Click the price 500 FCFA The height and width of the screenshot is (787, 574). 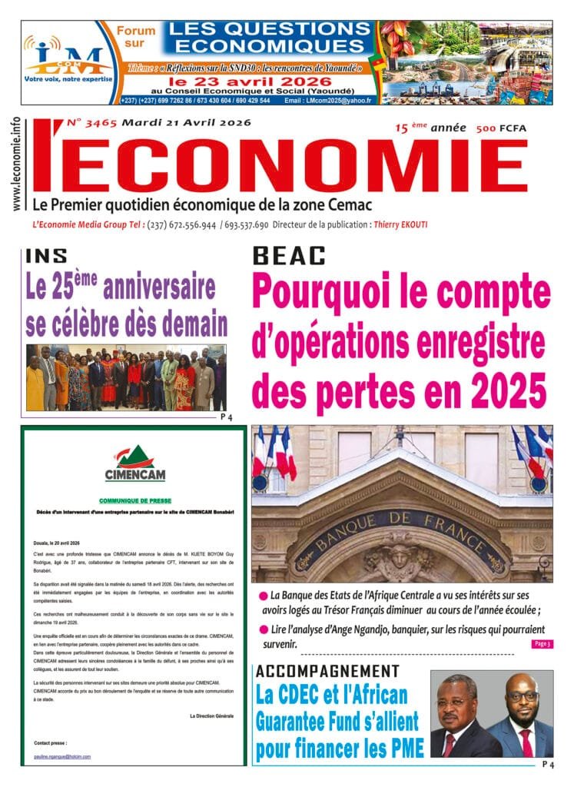tap(501, 128)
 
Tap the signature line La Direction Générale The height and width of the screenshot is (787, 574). tap(211, 715)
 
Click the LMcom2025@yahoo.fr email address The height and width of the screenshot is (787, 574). tap(335, 101)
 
